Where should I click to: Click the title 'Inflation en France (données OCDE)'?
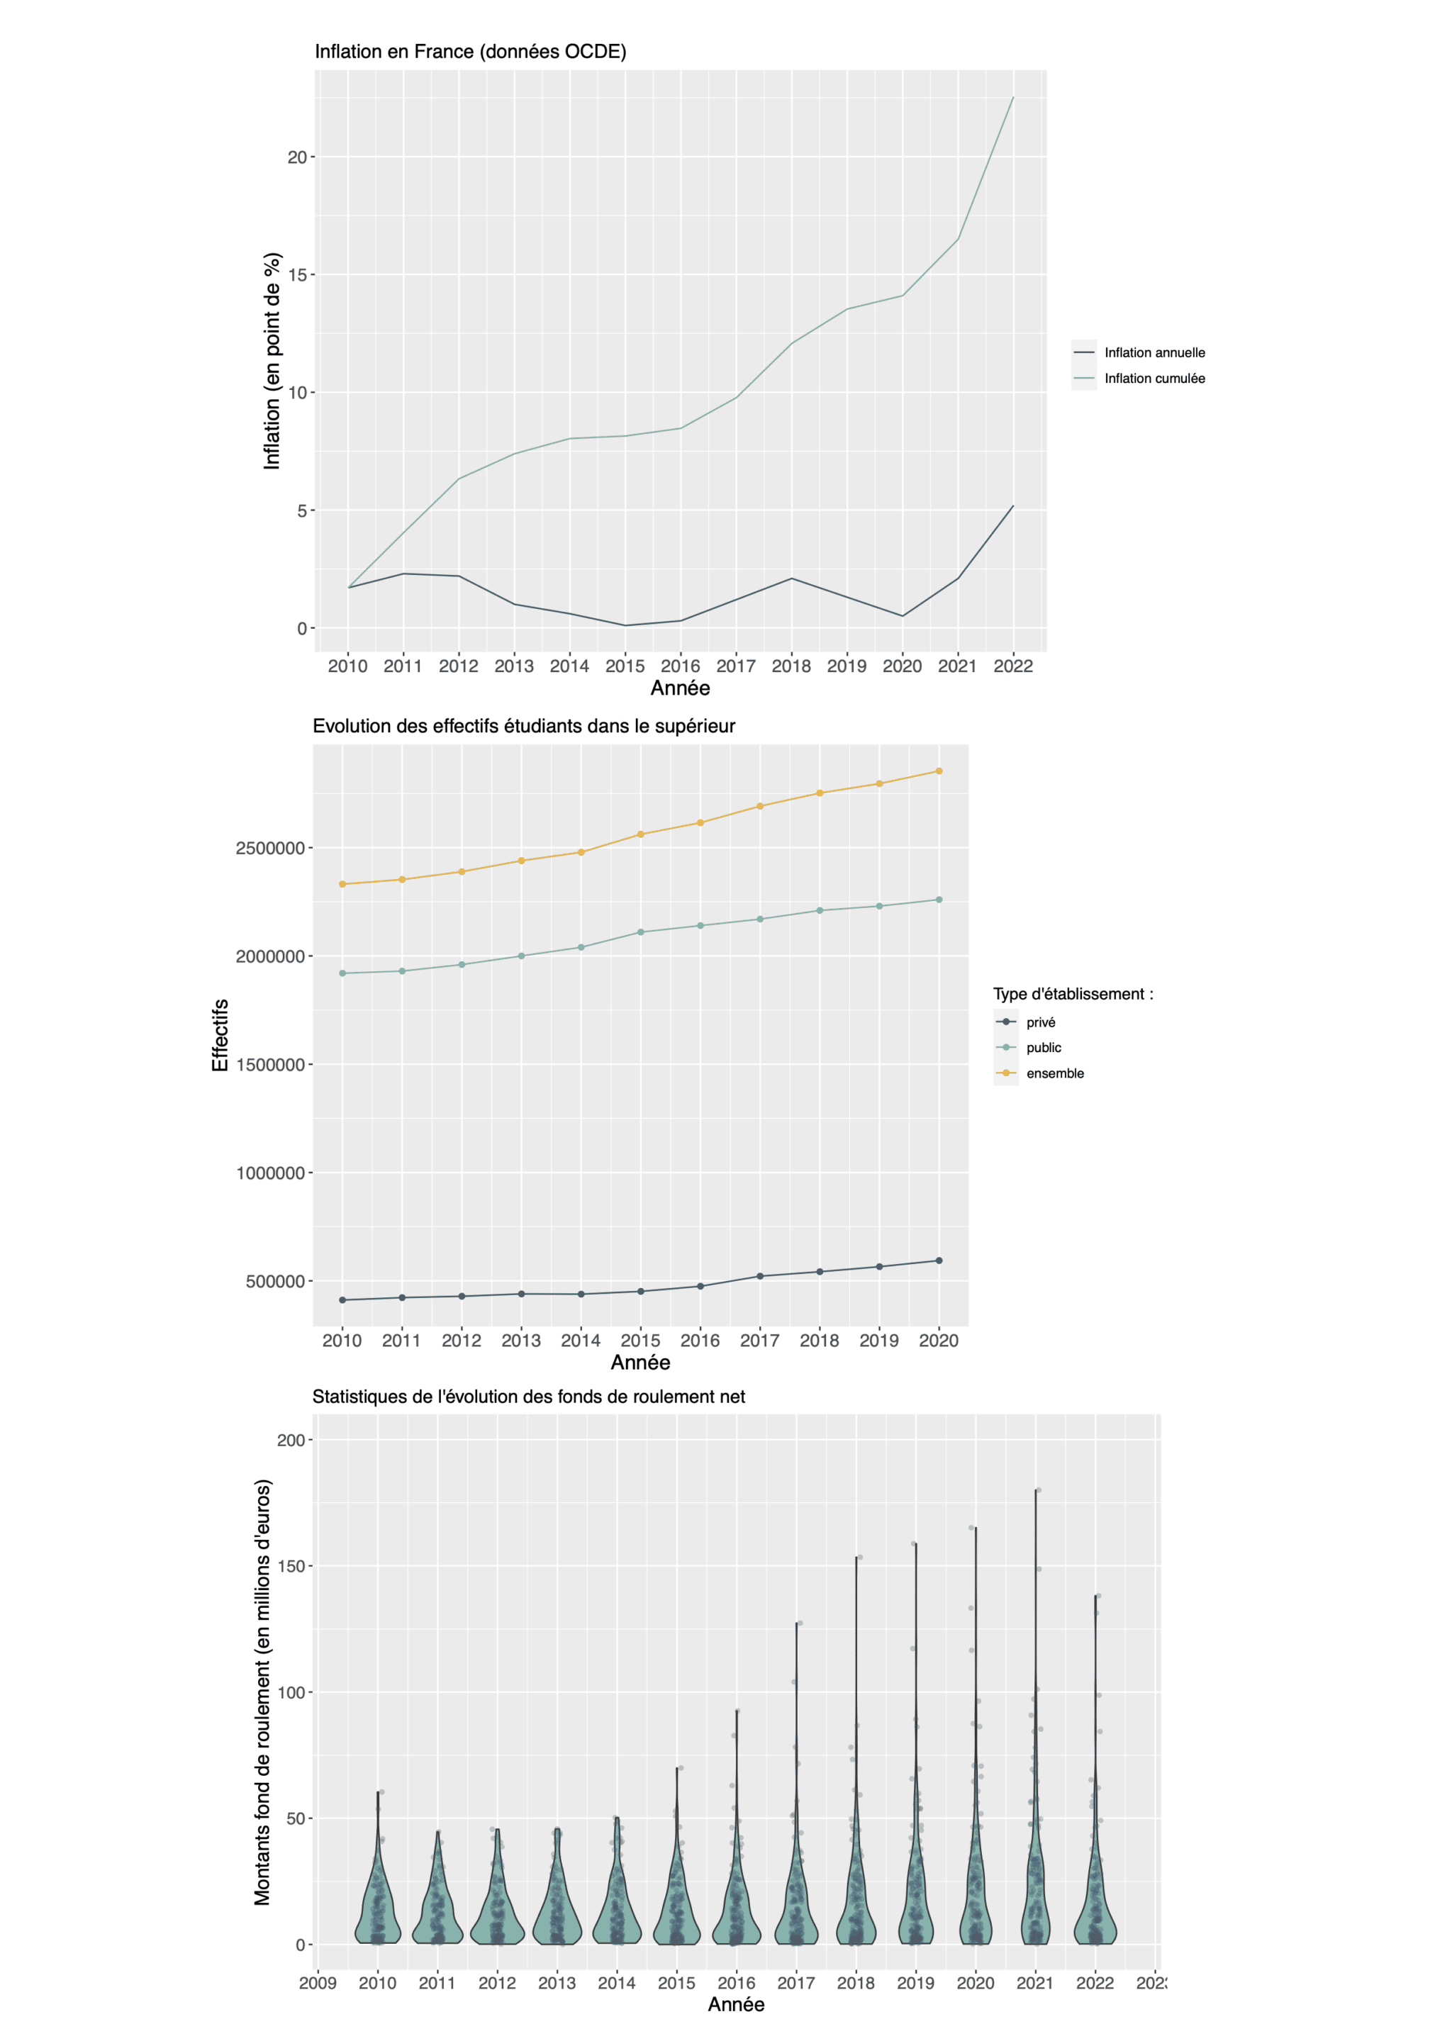470,52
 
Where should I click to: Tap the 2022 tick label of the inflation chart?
1013,666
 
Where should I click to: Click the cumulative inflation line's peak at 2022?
1013,96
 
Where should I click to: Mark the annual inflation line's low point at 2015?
625,625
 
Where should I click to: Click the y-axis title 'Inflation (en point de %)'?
272,361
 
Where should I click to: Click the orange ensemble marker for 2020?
939,771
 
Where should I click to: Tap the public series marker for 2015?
640,932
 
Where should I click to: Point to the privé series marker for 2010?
342,1300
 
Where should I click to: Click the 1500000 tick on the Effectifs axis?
270,1065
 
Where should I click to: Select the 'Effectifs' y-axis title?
220,1035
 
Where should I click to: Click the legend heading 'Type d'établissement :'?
1073,994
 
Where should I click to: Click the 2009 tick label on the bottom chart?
318,1983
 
